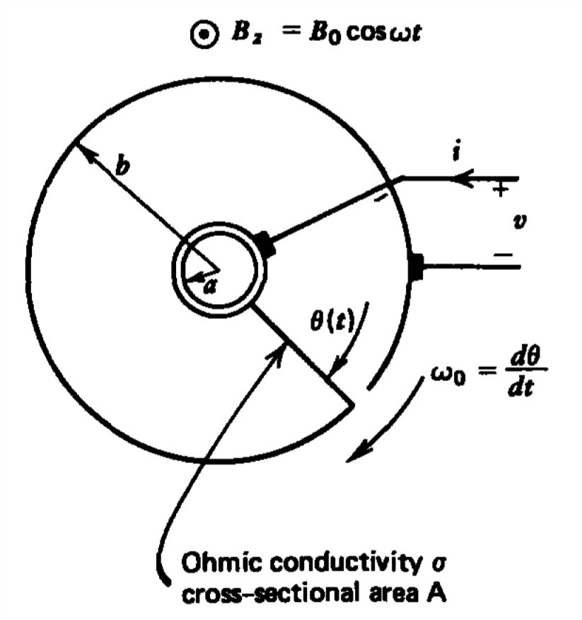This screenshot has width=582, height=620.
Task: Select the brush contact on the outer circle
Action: (415, 267)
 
